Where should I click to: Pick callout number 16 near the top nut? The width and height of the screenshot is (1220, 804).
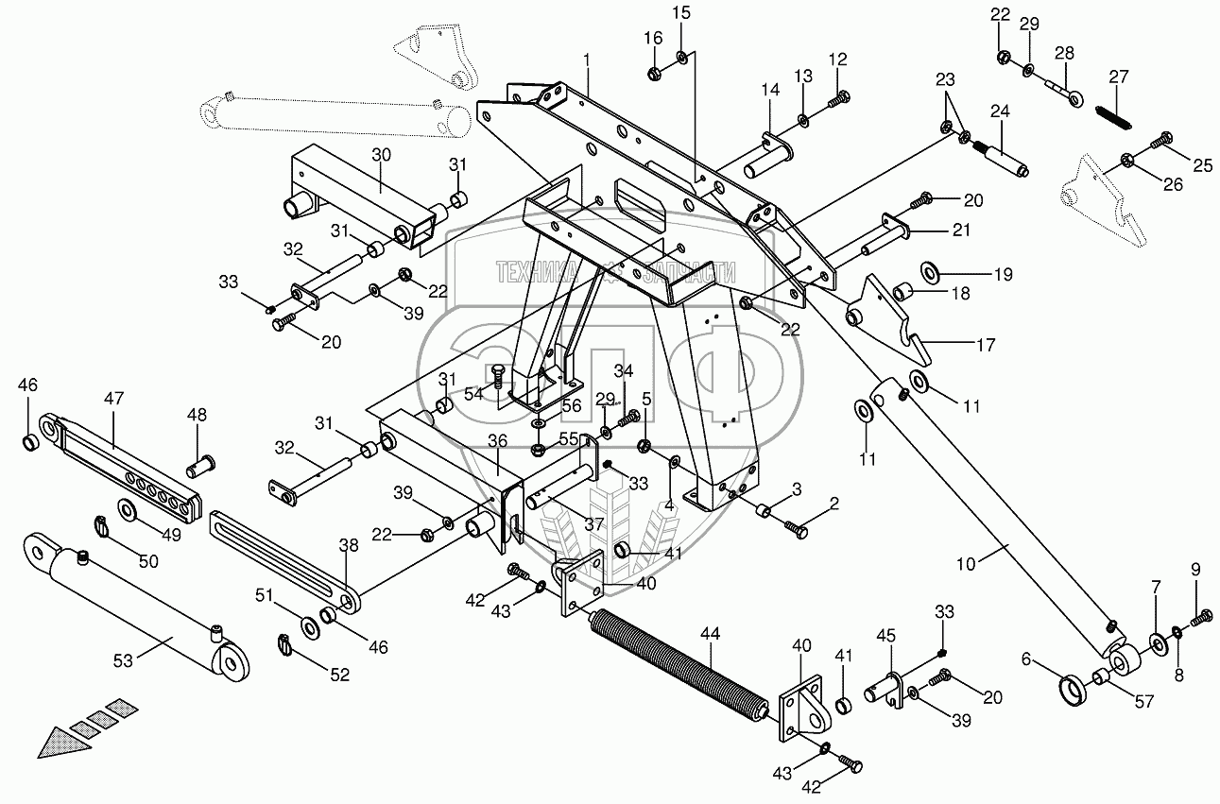(653, 38)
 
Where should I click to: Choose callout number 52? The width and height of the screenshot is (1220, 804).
(338, 675)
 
